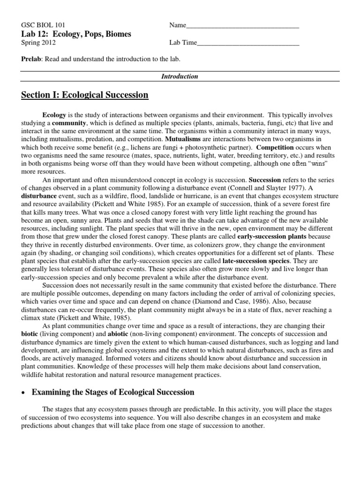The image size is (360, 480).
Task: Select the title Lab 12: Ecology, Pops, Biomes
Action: pyautogui.click(x=76, y=34)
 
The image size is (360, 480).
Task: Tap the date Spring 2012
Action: pyautogui.click(x=39, y=43)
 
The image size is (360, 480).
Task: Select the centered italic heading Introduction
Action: pyautogui.click(x=180, y=76)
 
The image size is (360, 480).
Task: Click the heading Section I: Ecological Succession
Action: pyautogui.click(x=85, y=95)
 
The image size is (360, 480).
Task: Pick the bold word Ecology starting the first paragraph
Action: pyautogui.click(x=54, y=114)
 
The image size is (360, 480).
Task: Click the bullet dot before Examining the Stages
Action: pyautogui.click(x=24, y=392)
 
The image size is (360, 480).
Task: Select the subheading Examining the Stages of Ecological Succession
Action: pyautogui.click(x=112, y=392)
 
